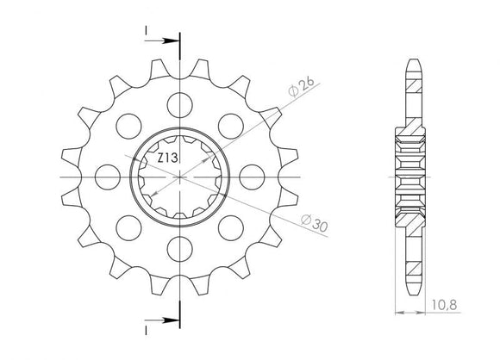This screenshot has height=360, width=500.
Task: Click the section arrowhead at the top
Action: click(172, 40)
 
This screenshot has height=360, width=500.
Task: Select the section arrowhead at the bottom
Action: click(172, 320)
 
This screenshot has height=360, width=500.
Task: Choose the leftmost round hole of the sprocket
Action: click(107, 177)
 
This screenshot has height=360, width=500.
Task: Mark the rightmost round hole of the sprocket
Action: click(253, 177)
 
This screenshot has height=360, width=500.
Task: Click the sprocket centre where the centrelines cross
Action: click(179, 177)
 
